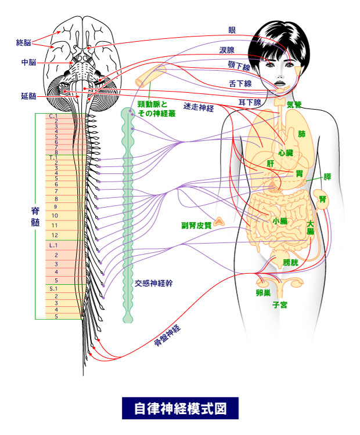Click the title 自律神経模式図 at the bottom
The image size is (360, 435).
[180, 408]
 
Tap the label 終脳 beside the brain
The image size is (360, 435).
[24, 42]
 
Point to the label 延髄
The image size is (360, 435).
[28, 95]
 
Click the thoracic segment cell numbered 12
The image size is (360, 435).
[56, 235]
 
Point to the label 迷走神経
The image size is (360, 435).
[199, 107]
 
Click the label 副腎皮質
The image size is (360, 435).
[196, 225]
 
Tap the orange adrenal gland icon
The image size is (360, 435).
[220, 221]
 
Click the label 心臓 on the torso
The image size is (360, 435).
[285, 153]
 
